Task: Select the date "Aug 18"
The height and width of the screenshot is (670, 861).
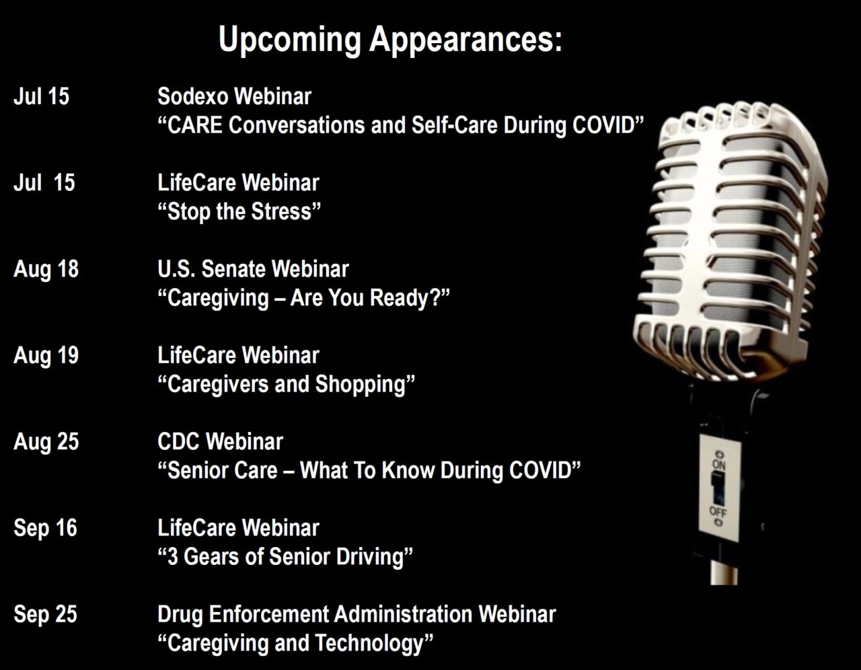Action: pyautogui.click(x=46, y=270)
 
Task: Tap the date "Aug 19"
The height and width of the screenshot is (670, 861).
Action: pyautogui.click(x=46, y=357)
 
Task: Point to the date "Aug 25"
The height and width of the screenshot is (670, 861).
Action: pyautogui.click(x=46, y=443)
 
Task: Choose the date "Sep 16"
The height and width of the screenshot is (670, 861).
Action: pyautogui.click(x=45, y=529)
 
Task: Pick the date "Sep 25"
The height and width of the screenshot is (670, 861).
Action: pyautogui.click(x=45, y=615)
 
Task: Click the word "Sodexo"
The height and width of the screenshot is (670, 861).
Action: pyautogui.click(x=193, y=96)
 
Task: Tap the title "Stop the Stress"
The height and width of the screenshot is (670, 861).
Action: pyautogui.click(x=239, y=211)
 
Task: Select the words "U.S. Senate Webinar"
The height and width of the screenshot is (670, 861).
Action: pyautogui.click(x=253, y=269)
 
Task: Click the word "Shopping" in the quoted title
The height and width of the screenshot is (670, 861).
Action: pyautogui.click(x=361, y=385)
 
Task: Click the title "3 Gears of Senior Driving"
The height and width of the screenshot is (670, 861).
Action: pyautogui.click(x=285, y=557)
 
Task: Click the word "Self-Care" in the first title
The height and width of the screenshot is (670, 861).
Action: pyautogui.click(x=455, y=126)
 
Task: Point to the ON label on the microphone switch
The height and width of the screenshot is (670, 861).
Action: pyautogui.click(x=719, y=465)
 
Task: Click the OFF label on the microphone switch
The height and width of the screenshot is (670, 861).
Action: pyautogui.click(x=718, y=512)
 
